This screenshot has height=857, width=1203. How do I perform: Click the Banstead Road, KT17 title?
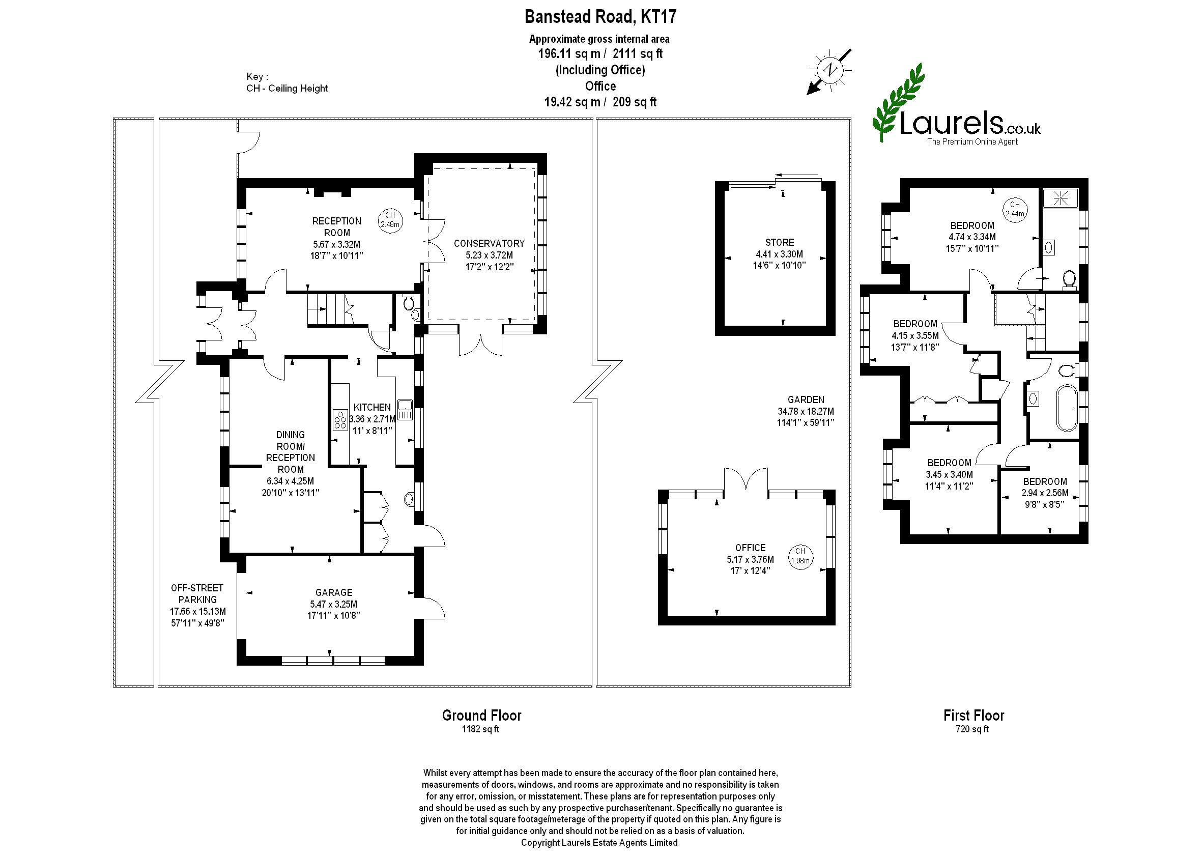(x=600, y=17)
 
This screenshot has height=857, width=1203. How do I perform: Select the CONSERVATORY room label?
(x=489, y=243)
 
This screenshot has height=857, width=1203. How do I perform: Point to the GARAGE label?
(x=334, y=592)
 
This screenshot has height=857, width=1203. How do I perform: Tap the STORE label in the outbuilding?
(x=779, y=242)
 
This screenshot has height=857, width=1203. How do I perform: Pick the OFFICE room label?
(x=750, y=548)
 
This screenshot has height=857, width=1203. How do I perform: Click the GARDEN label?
(x=806, y=400)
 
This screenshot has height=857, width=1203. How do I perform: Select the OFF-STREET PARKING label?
(x=197, y=594)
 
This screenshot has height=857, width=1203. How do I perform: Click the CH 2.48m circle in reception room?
(x=390, y=219)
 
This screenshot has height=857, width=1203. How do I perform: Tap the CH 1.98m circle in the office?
(x=800, y=556)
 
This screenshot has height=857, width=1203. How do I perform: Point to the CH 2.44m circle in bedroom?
(x=1015, y=209)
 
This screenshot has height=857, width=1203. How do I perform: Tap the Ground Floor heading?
(x=482, y=716)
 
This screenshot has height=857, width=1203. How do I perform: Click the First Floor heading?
(x=974, y=716)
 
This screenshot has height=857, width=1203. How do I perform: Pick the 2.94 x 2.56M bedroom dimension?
(x=1045, y=493)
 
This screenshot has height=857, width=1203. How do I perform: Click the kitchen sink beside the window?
(x=405, y=410)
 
